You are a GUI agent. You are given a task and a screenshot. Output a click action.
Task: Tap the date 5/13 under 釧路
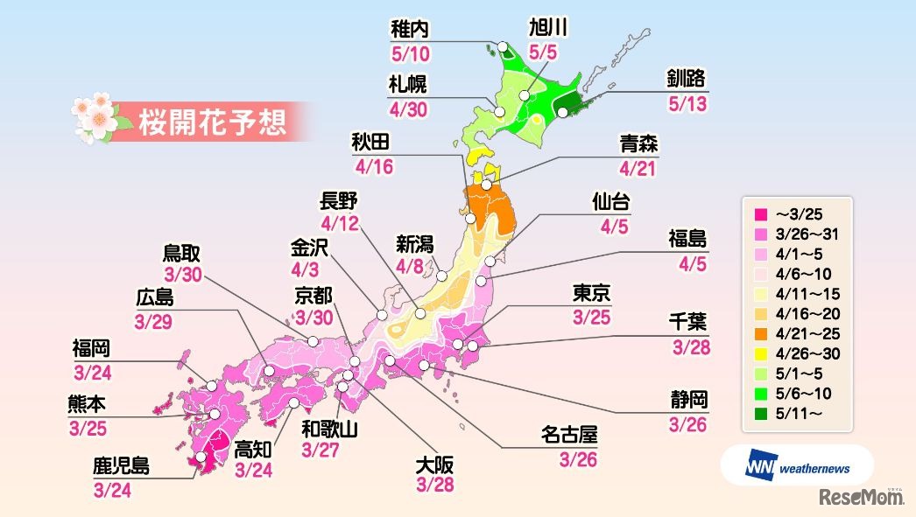[x=686, y=104]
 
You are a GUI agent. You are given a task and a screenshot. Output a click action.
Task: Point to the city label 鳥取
[x=182, y=254]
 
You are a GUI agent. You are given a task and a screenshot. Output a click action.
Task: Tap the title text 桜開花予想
[x=213, y=122]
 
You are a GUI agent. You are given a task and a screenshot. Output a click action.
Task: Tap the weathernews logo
[x=797, y=466]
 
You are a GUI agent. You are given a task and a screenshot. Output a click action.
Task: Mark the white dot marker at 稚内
[x=503, y=47]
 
